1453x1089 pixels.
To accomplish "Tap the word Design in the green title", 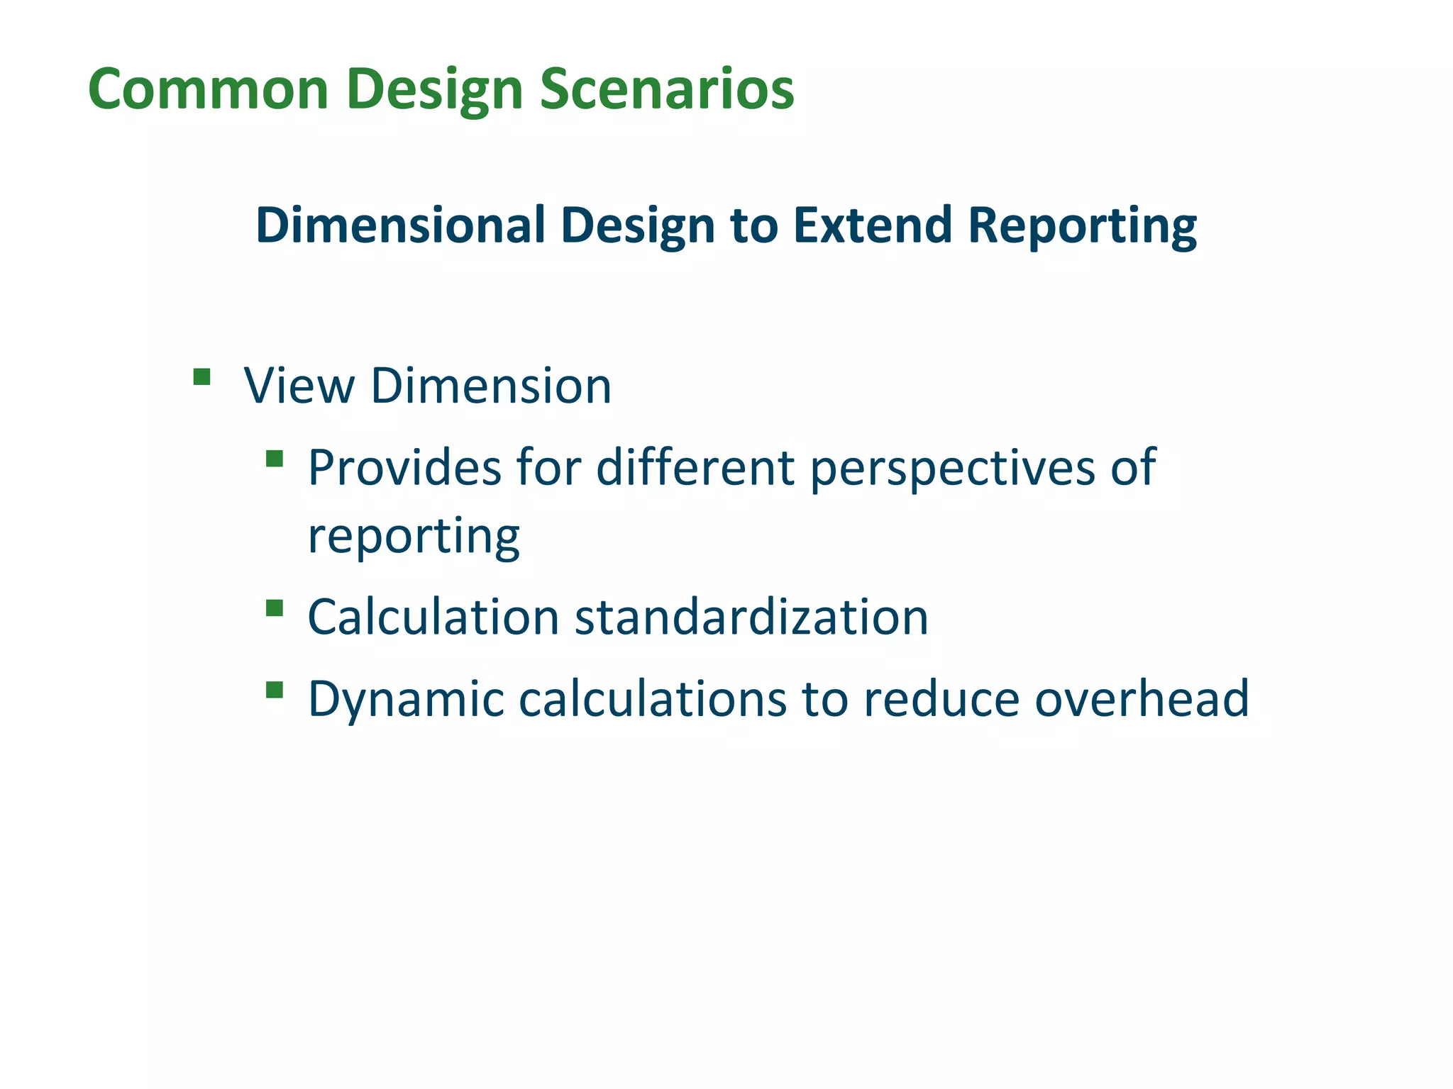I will coord(434,91).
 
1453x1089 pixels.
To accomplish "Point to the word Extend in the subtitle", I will coord(872,225).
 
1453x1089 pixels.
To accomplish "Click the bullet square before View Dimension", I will coord(201,376).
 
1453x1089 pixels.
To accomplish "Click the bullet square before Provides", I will coord(275,459).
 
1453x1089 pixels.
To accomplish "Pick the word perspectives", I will coord(952,469).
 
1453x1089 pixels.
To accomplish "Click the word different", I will coord(695,468).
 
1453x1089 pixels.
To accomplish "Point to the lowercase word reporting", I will coord(414,537).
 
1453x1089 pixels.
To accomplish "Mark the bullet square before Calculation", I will coord(275,608).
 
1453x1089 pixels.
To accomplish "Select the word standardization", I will coord(751,617).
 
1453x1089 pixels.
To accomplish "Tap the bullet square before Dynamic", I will coord(275,690).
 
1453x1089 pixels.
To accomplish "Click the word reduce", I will coord(941,699).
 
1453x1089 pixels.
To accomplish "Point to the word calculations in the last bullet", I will coord(653,699).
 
